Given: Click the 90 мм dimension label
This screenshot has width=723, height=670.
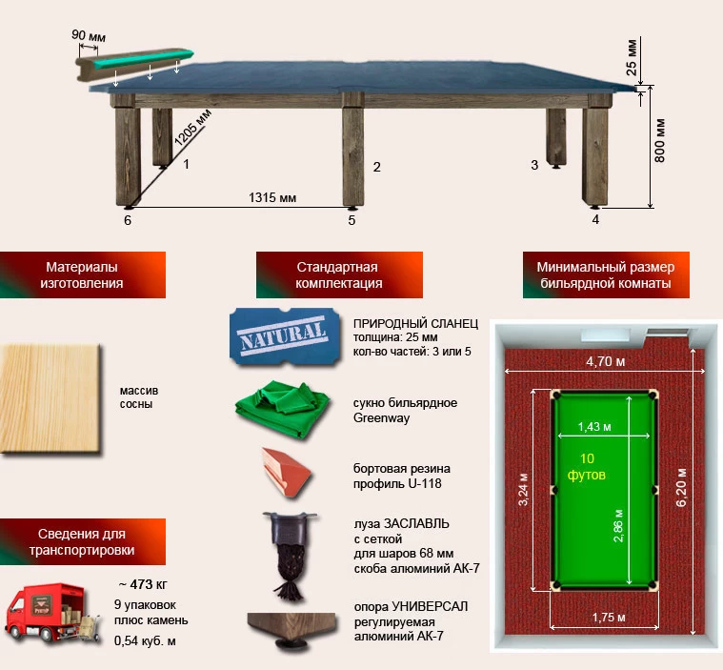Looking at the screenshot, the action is click(x=88, y=35).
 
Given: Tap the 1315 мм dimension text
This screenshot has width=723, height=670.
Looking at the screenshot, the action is click(x=272, y=197).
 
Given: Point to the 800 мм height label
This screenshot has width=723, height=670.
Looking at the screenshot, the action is click(x=660, y=141).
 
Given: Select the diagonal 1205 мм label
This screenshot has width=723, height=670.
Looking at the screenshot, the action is click(x=193, y=128).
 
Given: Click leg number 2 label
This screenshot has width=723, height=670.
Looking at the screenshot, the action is click(x=376, y=167).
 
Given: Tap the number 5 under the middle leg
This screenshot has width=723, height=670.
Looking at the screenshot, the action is click(x=351, y=220).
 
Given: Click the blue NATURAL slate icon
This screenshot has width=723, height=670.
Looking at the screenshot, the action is click(x=285, y=336).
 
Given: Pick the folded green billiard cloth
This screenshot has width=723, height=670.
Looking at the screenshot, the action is click(x=282, y=409).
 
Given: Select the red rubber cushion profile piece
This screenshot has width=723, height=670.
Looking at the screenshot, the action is click(x=286, y=472).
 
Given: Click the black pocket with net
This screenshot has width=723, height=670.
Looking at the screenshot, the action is click(x=290, y=553).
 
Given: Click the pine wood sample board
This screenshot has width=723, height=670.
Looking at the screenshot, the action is click(x=50, y=399).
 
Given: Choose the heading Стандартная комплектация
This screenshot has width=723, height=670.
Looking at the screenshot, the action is click(x=339, y=275).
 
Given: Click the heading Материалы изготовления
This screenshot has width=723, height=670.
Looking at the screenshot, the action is click(x=82, y=275).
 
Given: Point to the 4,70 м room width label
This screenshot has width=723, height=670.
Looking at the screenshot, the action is click(x=606, y=361).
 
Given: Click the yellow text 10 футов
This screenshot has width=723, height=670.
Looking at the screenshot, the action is click(x=587, y=466).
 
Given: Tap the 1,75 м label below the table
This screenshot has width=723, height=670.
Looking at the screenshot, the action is click(x=609, y=618).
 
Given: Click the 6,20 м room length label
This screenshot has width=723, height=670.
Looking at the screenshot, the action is click(x=681, y=487).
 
